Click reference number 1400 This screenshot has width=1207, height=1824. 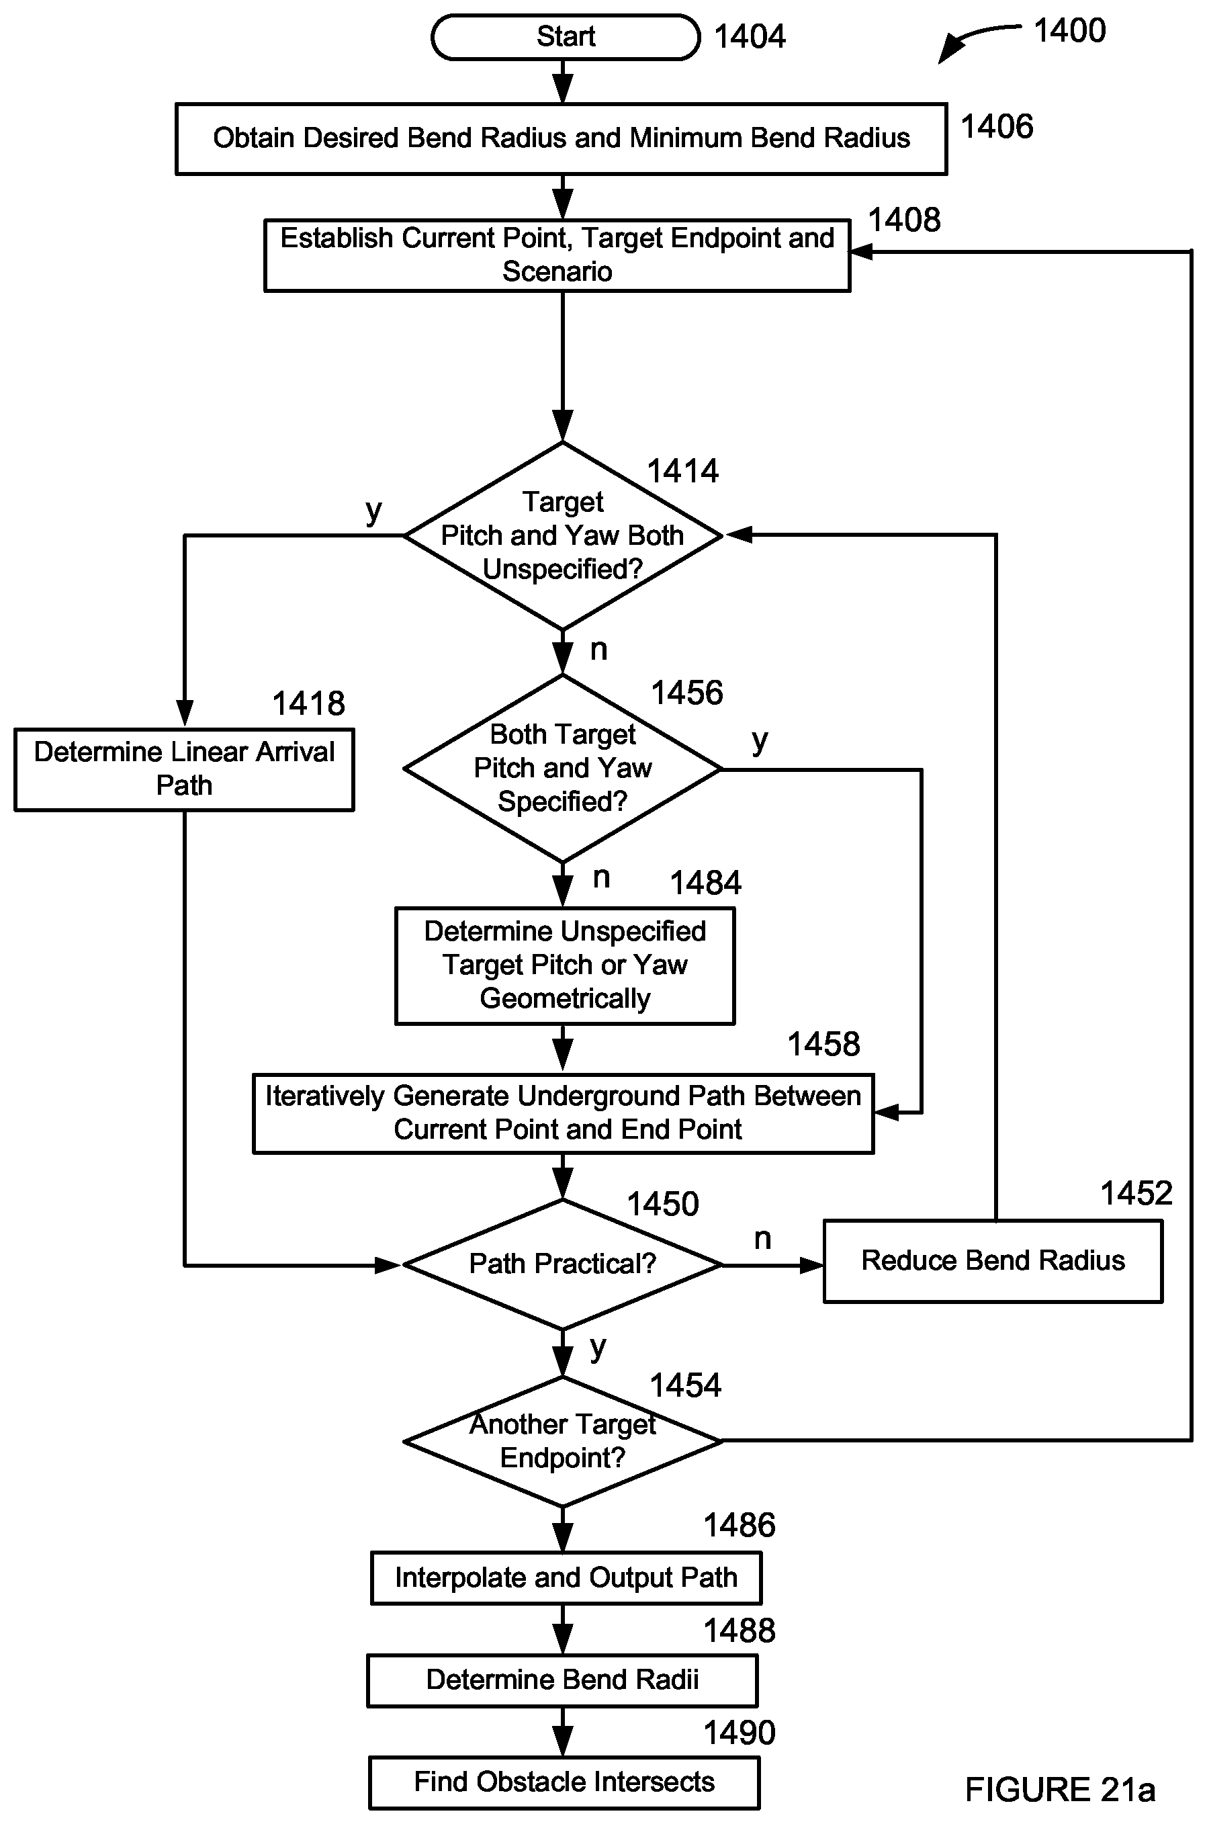(1069, 31)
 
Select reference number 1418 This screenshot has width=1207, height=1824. (309, 703)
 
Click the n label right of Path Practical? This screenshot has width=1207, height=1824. (763, 1239)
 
